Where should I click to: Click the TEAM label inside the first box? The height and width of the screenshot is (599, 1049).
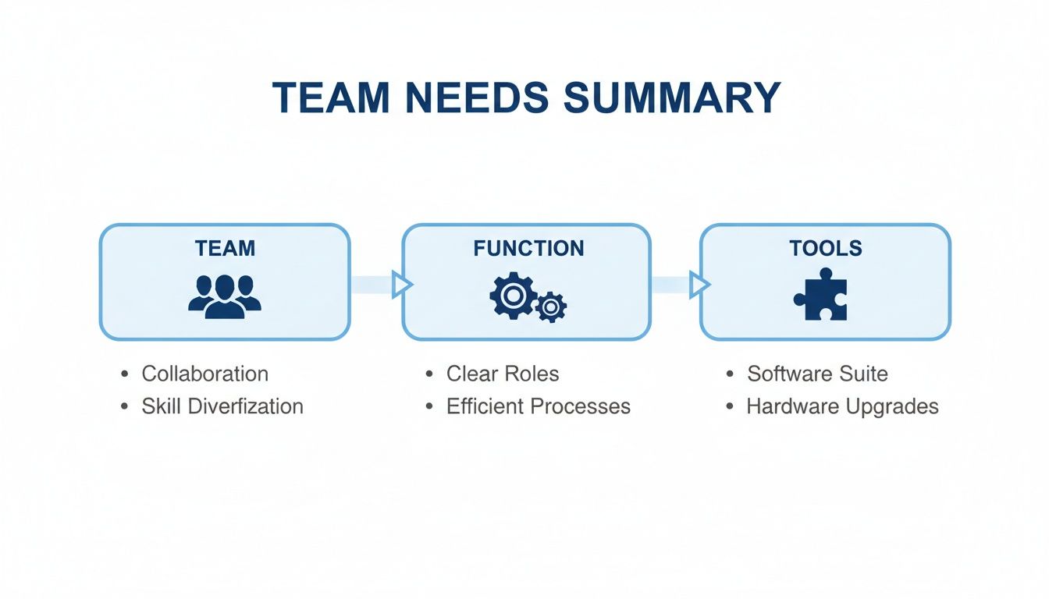tap(225, 249)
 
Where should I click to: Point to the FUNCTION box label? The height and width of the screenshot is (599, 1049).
tap(528, 249)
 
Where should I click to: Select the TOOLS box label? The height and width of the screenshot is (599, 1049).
tap(825, 249)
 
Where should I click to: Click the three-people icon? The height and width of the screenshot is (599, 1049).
tap(225, 296)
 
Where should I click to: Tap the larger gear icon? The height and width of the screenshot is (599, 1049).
tap(512, 294)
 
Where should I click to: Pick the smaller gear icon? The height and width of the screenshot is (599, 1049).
tap(551, 307)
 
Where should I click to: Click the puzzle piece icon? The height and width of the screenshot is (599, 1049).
tap(822, 295)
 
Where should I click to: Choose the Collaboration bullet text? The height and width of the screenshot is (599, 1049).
tap(204, 374)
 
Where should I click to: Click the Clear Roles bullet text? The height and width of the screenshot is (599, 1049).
tap(503, 374)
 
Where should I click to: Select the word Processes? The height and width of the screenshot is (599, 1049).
tap(585, 406)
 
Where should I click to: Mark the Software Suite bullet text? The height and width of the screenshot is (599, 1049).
tap(817, 374)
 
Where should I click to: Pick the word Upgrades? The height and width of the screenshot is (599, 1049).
tap(893, 406)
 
